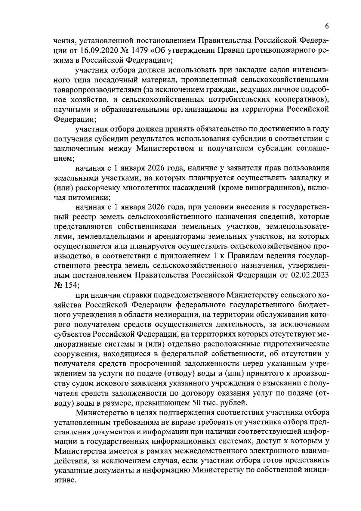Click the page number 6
[x=326, y=26]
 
